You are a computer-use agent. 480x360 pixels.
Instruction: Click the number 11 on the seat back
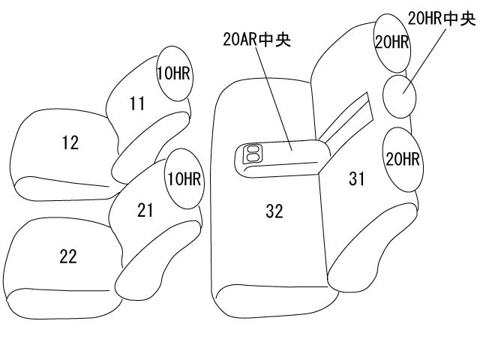click(137, 103)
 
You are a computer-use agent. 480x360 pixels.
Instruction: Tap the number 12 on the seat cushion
click(70, 142)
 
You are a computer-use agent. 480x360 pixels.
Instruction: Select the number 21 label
click(145, 210)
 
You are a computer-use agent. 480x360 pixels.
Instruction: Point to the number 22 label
click(68, 256)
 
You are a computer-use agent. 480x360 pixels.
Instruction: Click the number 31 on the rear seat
click(357, 178)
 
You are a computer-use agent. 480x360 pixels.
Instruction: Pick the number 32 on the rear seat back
click(274, 211)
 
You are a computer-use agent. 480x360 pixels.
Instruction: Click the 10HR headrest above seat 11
click(175, 73)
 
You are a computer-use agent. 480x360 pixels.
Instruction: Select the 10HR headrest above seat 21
click(184, 178)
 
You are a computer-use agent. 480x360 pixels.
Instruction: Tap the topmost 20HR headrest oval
click(392, 43)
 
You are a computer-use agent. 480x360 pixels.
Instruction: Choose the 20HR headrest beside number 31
click(403, 160)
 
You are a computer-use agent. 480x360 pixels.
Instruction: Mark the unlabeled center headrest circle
click(400, 96)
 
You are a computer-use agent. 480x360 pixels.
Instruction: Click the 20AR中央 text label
click(256, 40)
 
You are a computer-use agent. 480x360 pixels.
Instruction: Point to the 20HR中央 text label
click(442, 19)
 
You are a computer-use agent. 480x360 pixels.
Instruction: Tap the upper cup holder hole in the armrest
click(253, 149)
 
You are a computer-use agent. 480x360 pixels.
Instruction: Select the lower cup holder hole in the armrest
click(253, 157)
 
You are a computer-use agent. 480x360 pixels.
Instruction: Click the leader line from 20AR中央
click(274, 98)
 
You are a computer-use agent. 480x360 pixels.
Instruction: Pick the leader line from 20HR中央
click(424, 60)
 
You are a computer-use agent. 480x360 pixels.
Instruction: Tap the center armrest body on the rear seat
click(282, 158)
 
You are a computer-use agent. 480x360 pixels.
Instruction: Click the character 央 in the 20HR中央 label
click(468, 19)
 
